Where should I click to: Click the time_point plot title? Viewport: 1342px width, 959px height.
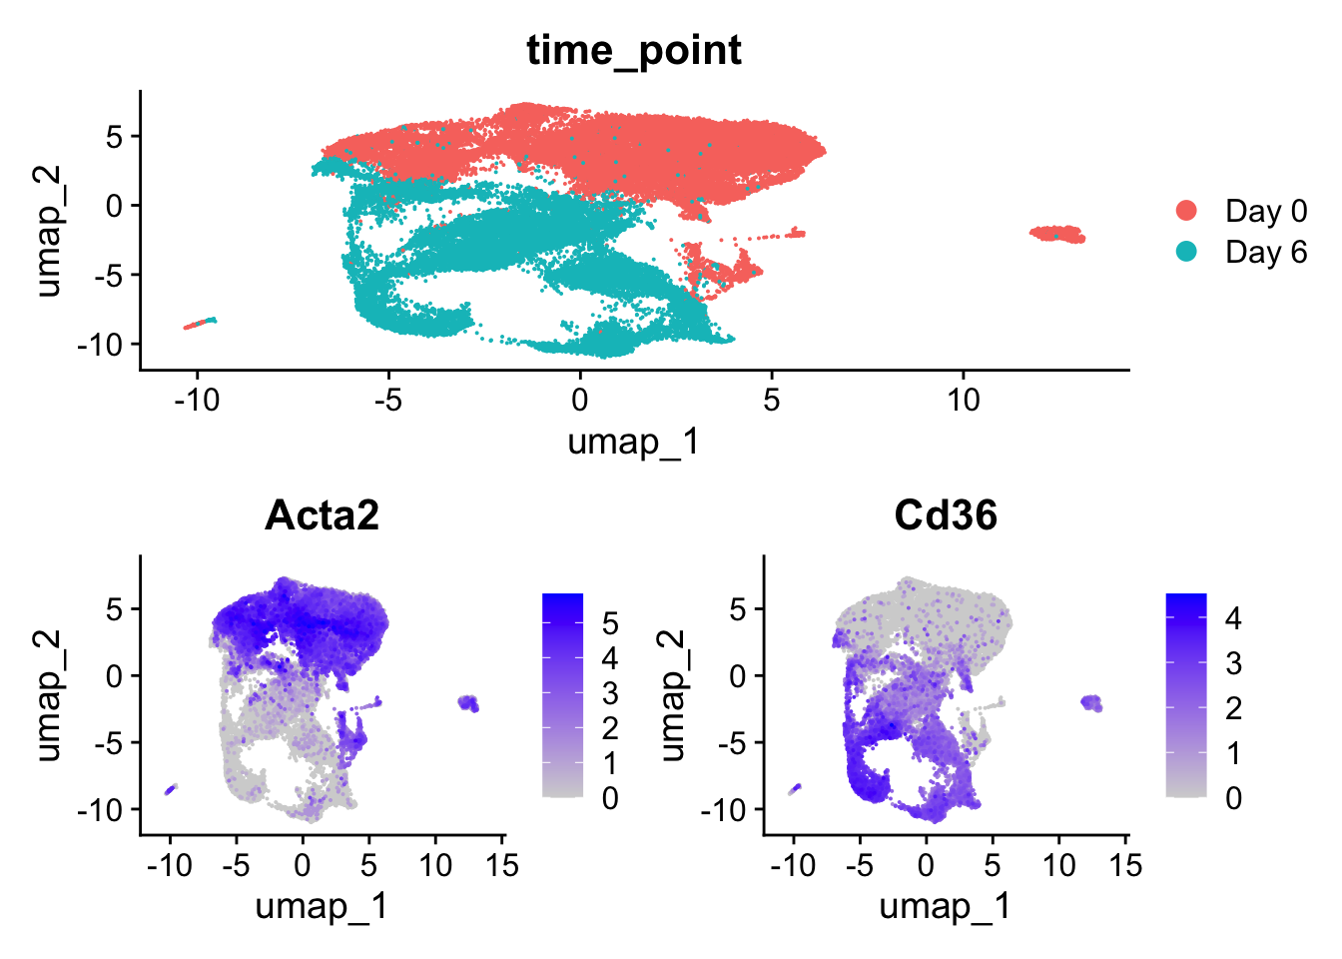(634, 50)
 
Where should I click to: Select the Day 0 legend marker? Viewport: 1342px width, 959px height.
(1187, 211)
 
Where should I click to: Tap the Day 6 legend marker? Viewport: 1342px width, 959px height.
(1187, 252)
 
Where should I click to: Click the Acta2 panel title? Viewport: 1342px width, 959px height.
(322, 514)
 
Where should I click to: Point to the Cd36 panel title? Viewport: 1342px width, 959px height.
(946, 514)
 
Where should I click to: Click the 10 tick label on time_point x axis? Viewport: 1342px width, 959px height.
(963, 400)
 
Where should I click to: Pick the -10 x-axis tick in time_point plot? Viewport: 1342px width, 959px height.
(196, 400)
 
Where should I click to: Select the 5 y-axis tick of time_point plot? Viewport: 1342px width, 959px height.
(117, 136)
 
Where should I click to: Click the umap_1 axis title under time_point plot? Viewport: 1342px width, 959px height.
(634, 441)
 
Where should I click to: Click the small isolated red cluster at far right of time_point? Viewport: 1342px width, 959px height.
(1058, 234)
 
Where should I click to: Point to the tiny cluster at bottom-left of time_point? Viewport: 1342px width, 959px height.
(201, 323)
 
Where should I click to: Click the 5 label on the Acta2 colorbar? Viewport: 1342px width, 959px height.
(610, 624)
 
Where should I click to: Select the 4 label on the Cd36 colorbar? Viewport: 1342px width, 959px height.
(1233, 618)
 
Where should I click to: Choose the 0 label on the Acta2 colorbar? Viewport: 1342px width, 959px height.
(610, 798)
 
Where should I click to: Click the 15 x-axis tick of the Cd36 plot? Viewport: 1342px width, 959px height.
(1125, 864)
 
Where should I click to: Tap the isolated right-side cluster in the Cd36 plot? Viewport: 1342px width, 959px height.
(1091, 702)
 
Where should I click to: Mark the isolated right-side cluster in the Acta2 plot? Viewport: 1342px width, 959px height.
(468, 702)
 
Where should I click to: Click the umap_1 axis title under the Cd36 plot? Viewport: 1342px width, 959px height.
(946, 906)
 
